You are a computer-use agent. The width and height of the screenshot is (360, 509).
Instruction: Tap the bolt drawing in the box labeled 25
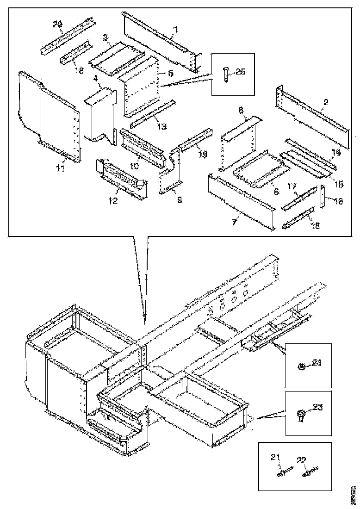[225, 74]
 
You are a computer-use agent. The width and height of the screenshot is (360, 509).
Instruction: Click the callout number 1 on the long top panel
[175, 31]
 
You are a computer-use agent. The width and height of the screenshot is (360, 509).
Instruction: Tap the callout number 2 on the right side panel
[326, 102]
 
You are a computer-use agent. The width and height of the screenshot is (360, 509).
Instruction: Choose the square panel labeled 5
[139, 88]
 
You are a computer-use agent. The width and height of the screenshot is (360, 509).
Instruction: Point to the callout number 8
[241, 111]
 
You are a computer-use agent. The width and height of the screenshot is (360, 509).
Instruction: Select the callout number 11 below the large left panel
[60, 168]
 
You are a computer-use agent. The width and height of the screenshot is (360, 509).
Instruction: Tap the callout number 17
[292, 187]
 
